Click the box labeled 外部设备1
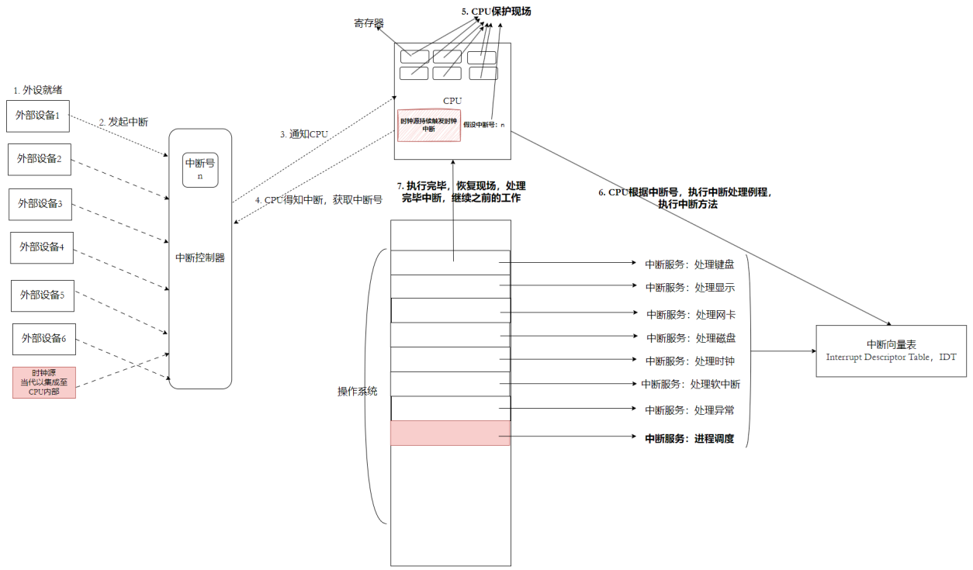pos(38,116)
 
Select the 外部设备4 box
pos(42,247)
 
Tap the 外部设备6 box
pos(44,339)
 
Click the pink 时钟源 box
pos(44,382)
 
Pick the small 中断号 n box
pos(200,170)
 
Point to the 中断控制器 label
pos(200,257)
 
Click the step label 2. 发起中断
pos(123,123)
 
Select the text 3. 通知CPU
pos(304,134)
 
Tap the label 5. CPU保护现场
pos(496,12)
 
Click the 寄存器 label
pos(369,23)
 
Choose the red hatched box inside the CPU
pos(429,125)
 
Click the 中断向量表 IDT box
pos(890,351)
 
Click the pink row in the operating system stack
pos(450,433)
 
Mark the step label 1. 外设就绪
pos(38,90)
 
